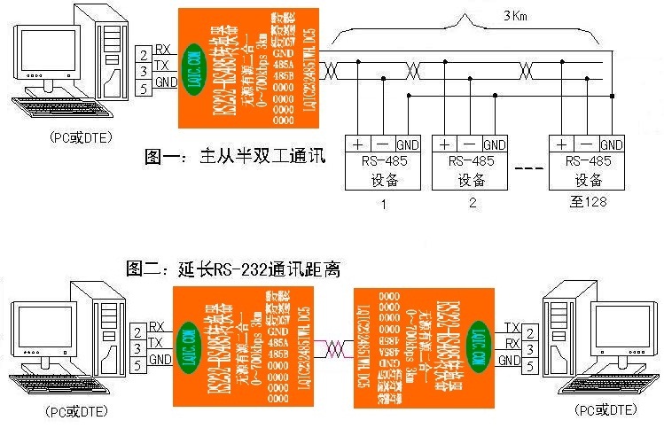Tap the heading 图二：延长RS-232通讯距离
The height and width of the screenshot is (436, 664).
234,268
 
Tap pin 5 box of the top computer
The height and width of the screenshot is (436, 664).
143,88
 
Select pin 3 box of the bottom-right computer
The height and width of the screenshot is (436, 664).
528,346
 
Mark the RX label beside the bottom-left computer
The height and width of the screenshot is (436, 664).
157,327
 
